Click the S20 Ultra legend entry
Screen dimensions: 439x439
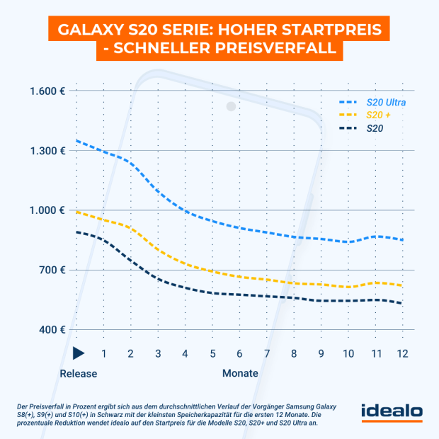pyautogui.click(x=385, y=103)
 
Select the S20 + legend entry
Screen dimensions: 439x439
pyautogui.click(x=379, y=115)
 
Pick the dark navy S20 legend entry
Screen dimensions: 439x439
pyautogui.click(x=375, y=128)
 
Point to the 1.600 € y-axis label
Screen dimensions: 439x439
pyautogui.click(x=48, y=91)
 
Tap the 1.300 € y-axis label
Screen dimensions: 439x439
pyautogui.click(x=48, y=151)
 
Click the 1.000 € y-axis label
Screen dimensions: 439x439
pyautogui.click(x=48, y=210)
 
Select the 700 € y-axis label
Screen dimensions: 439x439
pyautogui.click(x=53, y=270)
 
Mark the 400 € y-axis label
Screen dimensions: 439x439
pyautogui.click(x=53, y=329)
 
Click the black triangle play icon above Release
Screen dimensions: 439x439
pyautogui.click(x=79, y=353)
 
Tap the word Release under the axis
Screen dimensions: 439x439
pyautogui.click(x=78, y=372)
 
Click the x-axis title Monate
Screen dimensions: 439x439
pyautogui.click(x=240, y=372)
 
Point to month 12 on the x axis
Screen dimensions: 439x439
pyautogui.click(x=402, y=353)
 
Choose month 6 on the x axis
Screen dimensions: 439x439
pyautogui.click(x=239, y=353)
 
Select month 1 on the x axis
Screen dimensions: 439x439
pyautogui.click(x=104, y=353)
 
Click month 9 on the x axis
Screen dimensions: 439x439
pyautogui.click(x=321, y=353)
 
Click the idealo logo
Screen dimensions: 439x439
pyautogui.click(x=392, y=411)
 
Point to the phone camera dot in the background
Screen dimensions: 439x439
pyautogui.click(x=231, y=106)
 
